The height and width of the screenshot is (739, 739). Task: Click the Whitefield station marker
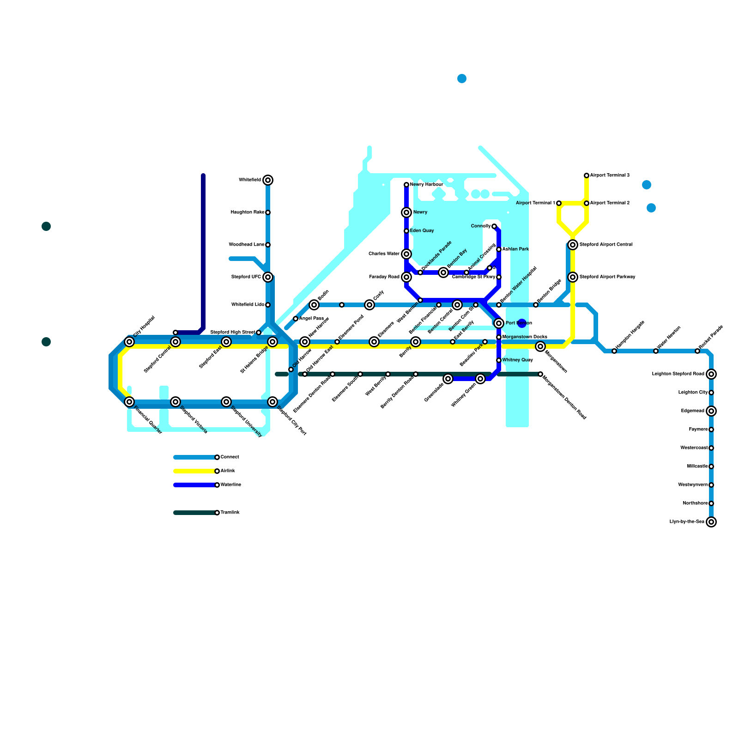(x=268, y=180)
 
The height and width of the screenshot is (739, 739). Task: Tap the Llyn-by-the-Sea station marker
(x=711, y=522)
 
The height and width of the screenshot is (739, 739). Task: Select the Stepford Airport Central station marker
(x=573, y=245)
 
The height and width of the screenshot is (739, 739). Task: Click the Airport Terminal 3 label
(x=610, y=176)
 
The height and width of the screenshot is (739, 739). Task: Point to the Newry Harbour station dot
(x=406, y=185)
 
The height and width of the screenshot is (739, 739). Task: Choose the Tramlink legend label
(x=230, y=513)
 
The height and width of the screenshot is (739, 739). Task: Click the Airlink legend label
(x=228, y=471)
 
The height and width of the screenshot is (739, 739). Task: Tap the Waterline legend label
(x=231, y=485)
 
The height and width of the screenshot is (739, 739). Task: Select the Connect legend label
(x=230, y=457)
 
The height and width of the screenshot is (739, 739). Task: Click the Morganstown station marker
(x=540, y=346)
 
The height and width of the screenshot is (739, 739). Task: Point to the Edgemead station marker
(x=711, y=411)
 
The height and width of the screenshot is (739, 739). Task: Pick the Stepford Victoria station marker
(x=176, y=402)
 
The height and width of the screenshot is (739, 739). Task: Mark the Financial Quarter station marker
(x=130, y=402)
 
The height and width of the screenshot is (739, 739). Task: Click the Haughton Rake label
(x=248, y=212)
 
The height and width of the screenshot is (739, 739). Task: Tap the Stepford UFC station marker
(x=268, y=277)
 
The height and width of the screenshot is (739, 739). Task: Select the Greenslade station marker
(x=448, y=379)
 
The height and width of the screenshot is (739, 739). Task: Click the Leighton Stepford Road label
(x=678, y=374)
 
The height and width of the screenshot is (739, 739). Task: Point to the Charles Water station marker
(x=406, y=254)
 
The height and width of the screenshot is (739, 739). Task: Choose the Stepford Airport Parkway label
(x=607, y=277)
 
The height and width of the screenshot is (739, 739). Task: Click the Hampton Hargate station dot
(x=614, y=351)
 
